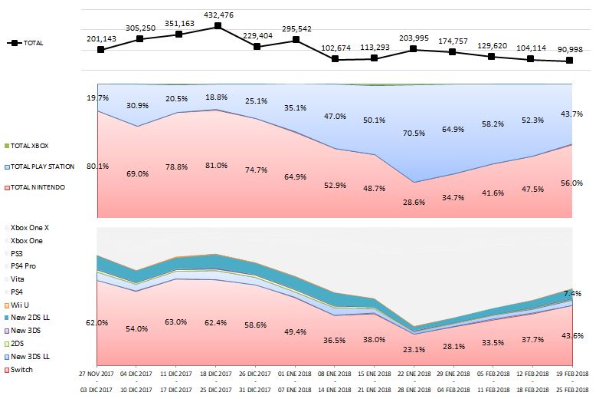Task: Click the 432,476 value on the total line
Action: pyautogui.click(x=218, y=14)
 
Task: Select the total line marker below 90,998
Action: pyautogui.click(x=570, y=61)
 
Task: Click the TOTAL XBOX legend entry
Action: pyautogui.click(x=34, y=145)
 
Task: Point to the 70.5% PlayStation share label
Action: pyautogui.click(x=414, y=133)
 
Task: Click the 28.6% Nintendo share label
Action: pyautogui.click(x=414, y=202)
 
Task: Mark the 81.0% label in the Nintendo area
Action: pyautogui.click(x=218, y=165)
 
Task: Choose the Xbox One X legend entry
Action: pyautogui.click(x=30, y=228)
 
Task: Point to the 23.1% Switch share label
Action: pyautogui.click(x=414, y=349)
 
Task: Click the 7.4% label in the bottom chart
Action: pyautogui.click(x=572, y=294)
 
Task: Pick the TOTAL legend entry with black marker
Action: pyautogui.click(x=28, y=43)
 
